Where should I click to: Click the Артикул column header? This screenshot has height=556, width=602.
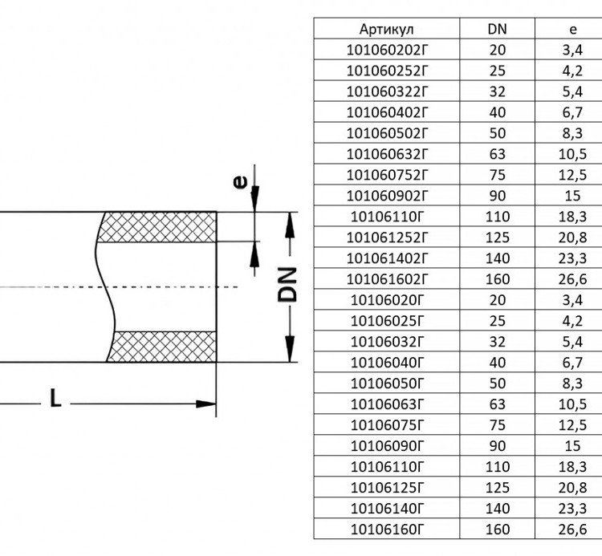386,29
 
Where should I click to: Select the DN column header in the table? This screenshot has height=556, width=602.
497,29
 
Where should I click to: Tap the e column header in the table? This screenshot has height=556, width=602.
573,30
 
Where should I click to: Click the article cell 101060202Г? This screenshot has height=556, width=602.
386,50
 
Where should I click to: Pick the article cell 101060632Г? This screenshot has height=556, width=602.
386,154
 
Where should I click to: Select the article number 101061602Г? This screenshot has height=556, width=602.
386,279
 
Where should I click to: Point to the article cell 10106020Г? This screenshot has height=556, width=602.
386,300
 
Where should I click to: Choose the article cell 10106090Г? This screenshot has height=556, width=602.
386,446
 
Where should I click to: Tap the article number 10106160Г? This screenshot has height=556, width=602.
386,530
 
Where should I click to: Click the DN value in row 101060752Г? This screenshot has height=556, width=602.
497,175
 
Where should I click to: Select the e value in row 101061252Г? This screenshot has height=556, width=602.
573,237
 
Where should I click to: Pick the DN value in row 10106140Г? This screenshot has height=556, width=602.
497,509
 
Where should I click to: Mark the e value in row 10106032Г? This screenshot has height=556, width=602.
573,342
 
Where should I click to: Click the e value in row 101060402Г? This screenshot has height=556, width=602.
573,112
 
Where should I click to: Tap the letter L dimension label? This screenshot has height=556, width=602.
55,398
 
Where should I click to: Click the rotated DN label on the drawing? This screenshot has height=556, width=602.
287,284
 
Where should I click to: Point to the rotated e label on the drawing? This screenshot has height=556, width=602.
240,182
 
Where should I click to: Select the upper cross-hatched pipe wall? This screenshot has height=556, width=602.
157,227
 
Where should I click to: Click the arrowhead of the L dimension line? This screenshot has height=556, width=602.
206,404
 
